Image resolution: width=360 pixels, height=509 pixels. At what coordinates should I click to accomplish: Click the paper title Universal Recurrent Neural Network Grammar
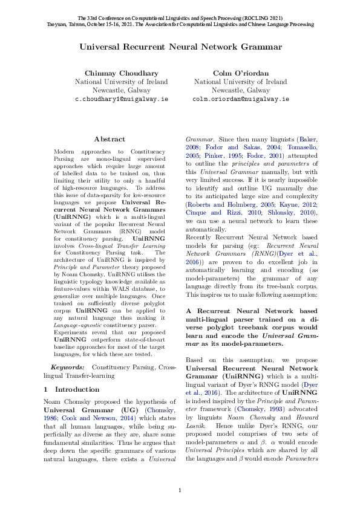pyautogui.click(x=180, y=47)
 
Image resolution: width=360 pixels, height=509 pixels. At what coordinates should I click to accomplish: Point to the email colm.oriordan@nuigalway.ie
pyautogui.click(x=240, y=98)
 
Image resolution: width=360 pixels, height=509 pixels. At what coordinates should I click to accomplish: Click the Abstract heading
pyautogui.click(x=110, y=139)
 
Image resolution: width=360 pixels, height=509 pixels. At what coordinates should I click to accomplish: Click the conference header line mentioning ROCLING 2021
pyautogui.click(x=180, y=18)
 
